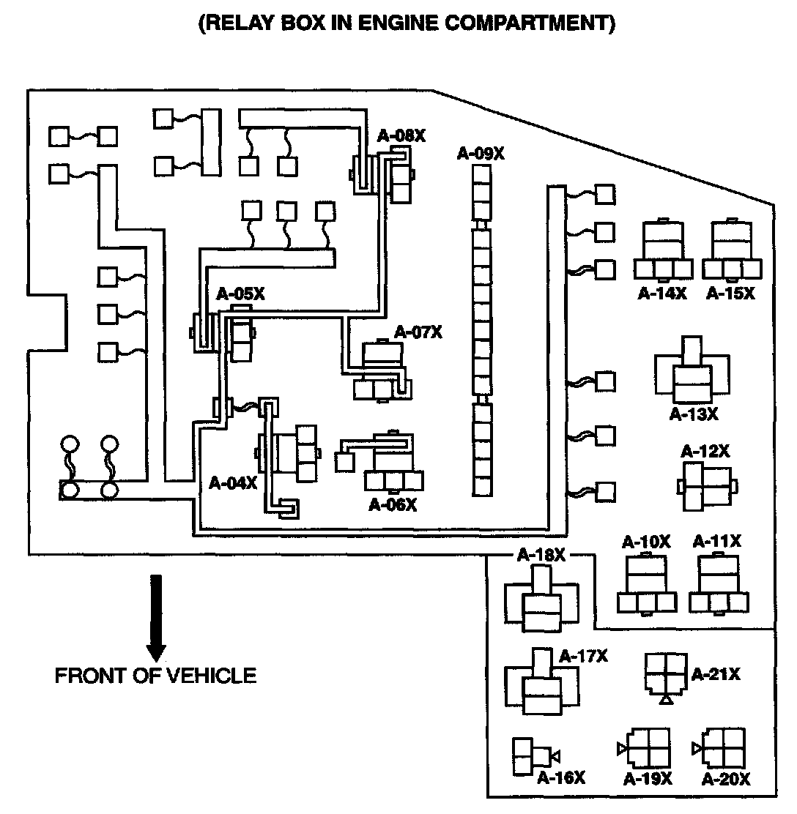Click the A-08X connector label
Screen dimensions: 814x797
coord(401,135)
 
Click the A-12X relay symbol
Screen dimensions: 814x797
coord(706,485)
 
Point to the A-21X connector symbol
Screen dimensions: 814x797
coord(665,675)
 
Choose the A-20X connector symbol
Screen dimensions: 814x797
coord(723,748)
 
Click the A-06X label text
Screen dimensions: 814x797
coord(393,505)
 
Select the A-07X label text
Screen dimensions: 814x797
coord(418,332)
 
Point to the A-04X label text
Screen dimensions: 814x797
coord(233,482)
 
